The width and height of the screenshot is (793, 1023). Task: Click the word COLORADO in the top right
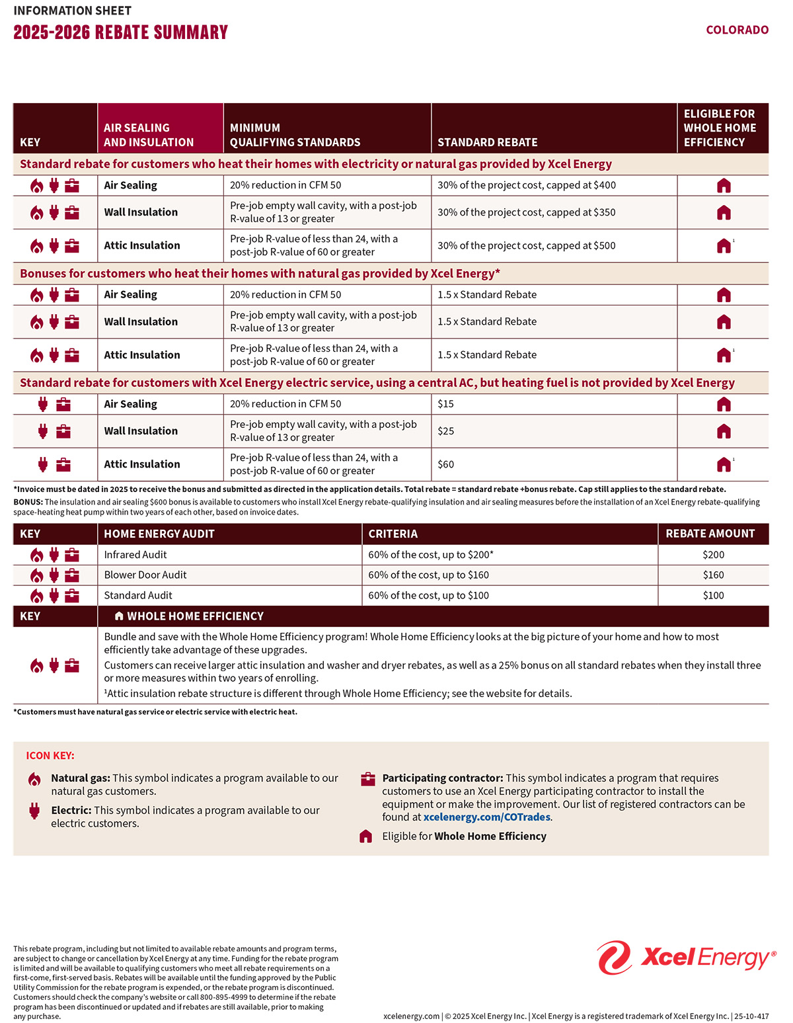pyautogui.click(x=737, y=30)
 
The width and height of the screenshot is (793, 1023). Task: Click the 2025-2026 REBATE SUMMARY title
pyautogui.click(x=120, y=32)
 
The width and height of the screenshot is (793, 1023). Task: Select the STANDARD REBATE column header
pyautogui.click(x=487, y=142)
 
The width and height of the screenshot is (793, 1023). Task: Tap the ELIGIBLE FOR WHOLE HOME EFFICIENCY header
pyautogui.click(x=720, y=128)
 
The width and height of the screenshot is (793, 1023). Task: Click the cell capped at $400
pyautogui.click(x=526, y=185)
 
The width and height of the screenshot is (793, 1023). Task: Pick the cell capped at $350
pyautogui.click(x=526, y=212)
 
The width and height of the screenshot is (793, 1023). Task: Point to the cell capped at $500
pyautogui.click(x=526, y=245)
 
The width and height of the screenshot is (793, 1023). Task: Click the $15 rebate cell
pyautogui.click(x=446, y=404)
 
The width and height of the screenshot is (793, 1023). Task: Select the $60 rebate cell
pyautogui.click(x=446, y=464)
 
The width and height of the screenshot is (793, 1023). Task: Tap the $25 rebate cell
pyautogui.click(x=446, y=431)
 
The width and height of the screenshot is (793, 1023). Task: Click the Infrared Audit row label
pyautogui.click(x=135, y=555)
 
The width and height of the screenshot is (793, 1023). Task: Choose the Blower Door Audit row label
pyautogui.click(x=145, y=575)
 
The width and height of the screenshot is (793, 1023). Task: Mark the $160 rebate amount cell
pyautogui.click(x=713, y=575)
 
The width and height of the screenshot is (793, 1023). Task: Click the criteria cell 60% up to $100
pyautogui.click(x=428, y=595)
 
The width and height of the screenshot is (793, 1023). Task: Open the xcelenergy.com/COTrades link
pyautogui.click(x=486, y=817)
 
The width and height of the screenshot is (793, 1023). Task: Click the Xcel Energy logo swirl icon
pyautogui.click(x=615, y=958)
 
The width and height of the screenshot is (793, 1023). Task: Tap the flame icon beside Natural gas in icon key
pyautogui.click(x=34, y=779)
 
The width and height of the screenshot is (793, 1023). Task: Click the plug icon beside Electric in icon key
pyautogui.click(x=34, y=811)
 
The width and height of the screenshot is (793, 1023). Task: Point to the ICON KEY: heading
pyautogui.click(x=50, y=755)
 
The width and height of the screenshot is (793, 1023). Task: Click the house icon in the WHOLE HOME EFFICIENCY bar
pyautogui.click(x=119, y=616)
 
